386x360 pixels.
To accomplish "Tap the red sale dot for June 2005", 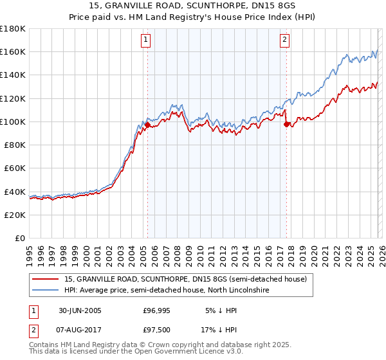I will [x=147, y=125].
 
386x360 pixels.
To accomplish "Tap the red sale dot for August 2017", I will [x=286, y=125].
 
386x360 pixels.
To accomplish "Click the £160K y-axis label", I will [x=13, y=52].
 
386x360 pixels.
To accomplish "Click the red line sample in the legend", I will [x=46, y=280].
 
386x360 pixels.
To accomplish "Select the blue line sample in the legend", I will [x=46, y=291].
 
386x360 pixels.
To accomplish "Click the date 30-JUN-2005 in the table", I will [x=80, y=310].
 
